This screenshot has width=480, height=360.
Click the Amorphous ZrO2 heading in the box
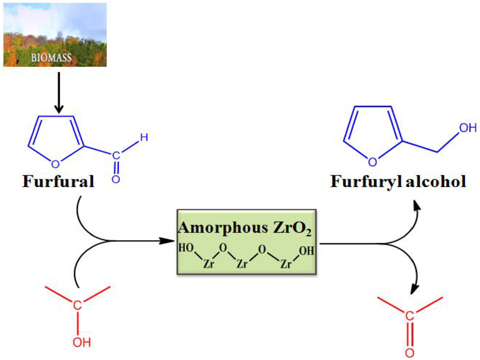(248, 228)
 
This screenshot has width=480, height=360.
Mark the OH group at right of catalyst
(306, 251)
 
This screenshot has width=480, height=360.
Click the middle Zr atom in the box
(242, 265)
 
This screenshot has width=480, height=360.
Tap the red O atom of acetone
(408, 353)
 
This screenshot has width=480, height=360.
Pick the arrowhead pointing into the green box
(171, 241)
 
